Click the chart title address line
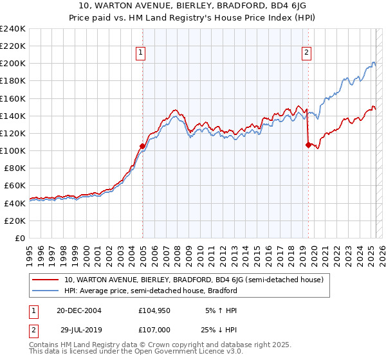(192, 5)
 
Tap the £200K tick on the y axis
(13, 64)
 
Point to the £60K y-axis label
(15, 186)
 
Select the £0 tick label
(21, 238)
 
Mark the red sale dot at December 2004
(142, 146)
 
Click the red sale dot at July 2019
(308, 145)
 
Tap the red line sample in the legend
(46, 280)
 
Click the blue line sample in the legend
(46, 291)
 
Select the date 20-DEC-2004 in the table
(79, 310)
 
